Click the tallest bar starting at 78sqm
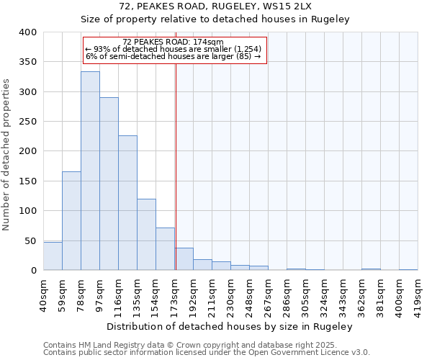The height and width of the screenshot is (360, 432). click(x=90, y=171)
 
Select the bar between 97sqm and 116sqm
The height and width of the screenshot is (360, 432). click(x=109, y=184)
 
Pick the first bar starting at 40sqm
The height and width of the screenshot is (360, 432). click(x=53, y=256)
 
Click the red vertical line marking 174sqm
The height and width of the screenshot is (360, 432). click(x=176, y=166)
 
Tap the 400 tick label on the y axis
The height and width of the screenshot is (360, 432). click(x=27, y=32)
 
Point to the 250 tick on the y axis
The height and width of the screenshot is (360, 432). click(x=27, y=122)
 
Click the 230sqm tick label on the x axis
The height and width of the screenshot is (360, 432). click(x=231, y=294)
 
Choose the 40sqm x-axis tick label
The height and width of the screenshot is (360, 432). click(x=44, y=294)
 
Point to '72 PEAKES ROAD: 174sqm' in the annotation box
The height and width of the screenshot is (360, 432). click(x=174, y=42)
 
